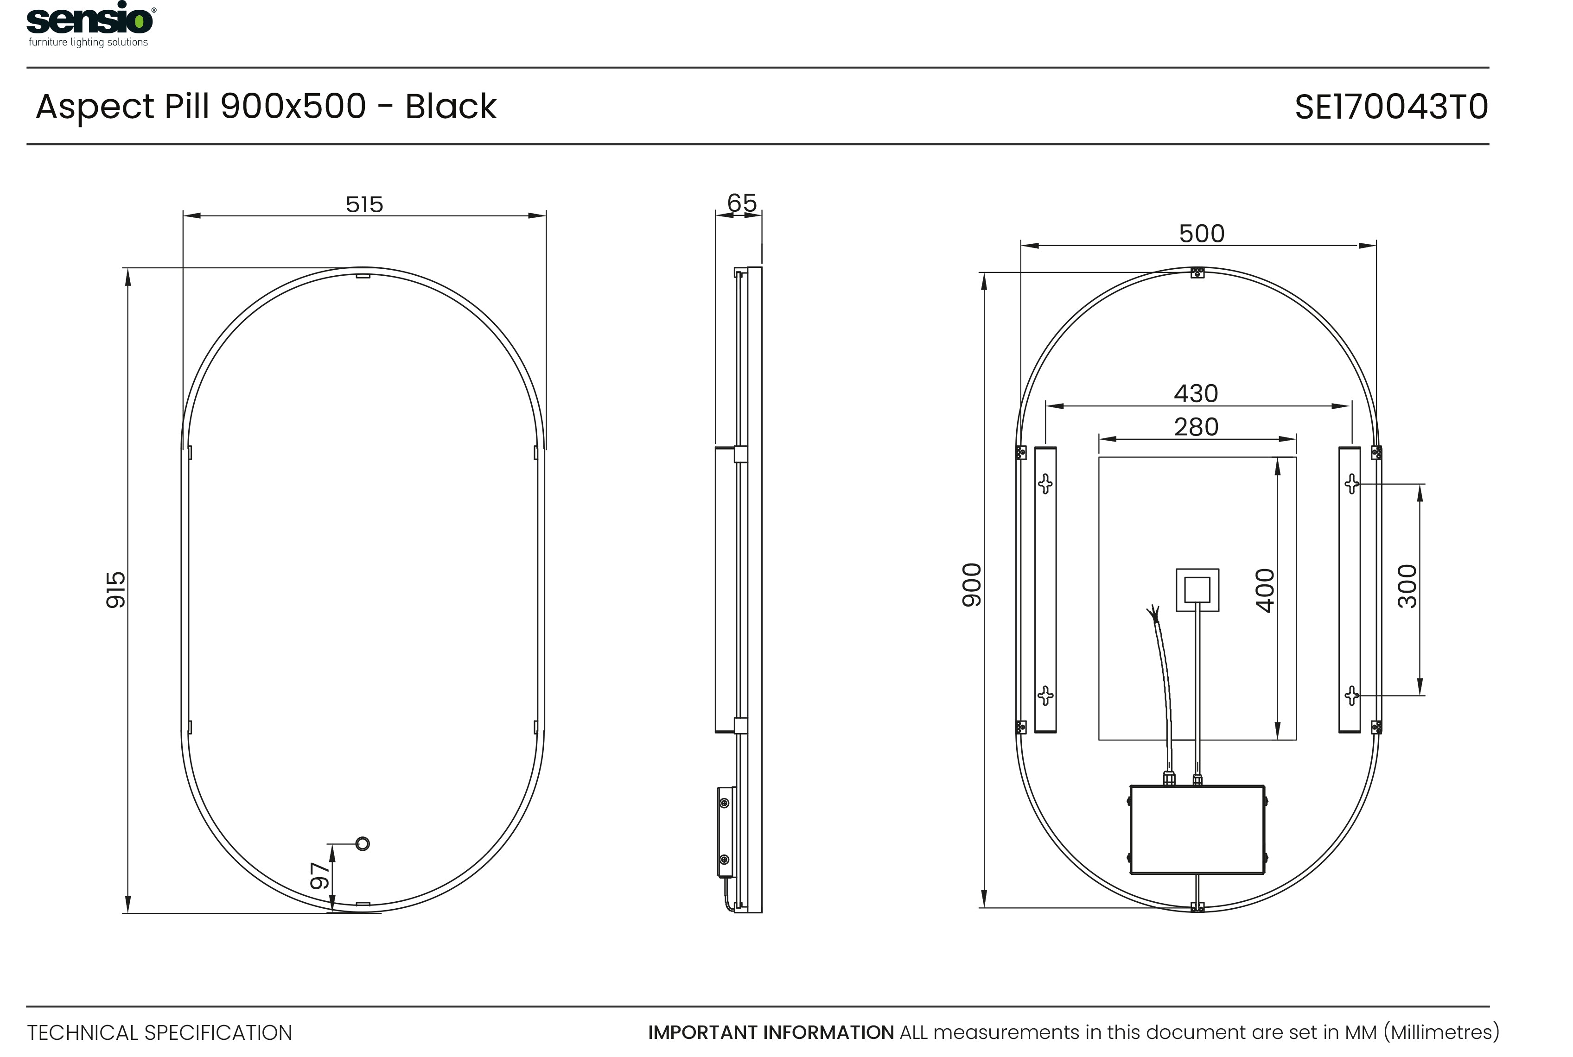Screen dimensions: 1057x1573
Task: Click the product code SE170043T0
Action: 1390,107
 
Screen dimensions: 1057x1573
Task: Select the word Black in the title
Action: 451,107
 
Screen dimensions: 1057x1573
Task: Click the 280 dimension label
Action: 1196,427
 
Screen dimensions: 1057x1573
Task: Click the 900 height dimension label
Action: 972,584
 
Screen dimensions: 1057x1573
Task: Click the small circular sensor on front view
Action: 362,843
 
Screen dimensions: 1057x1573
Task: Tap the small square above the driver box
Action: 1197,590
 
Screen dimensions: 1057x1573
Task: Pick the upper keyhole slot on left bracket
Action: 1045,483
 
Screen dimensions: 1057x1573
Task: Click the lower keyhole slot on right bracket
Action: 1351,695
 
